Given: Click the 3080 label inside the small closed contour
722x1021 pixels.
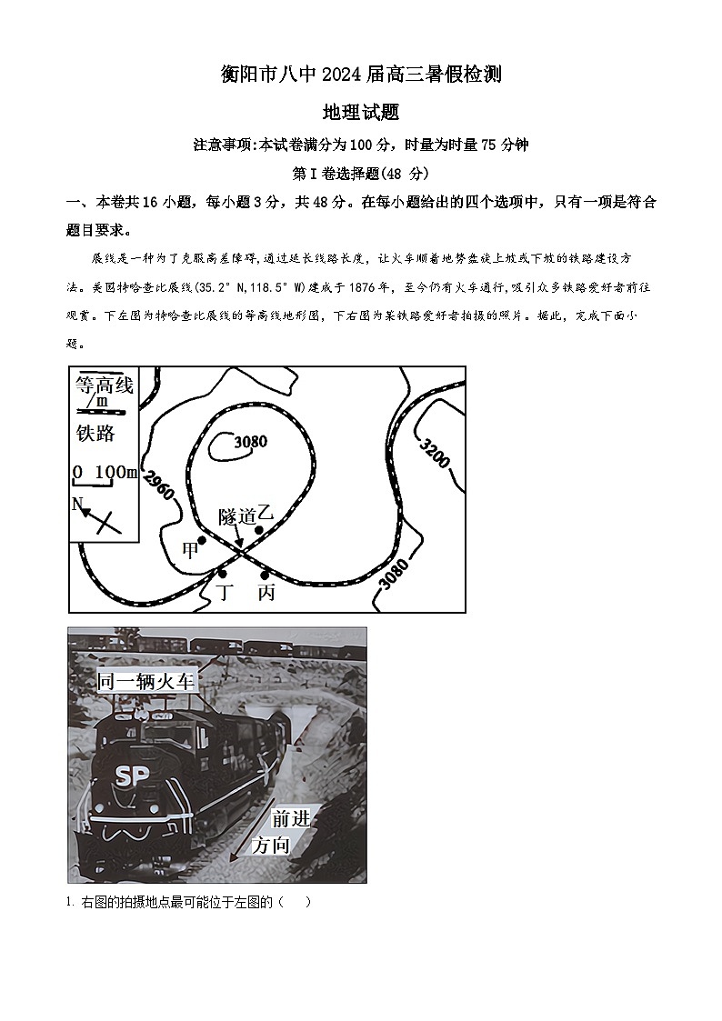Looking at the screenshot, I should pos(250,443).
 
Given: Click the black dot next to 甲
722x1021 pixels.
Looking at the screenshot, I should pos(202,540).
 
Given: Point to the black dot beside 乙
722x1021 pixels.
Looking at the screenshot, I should pos(259,529).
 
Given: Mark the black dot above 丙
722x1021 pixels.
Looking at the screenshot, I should pos(265,575).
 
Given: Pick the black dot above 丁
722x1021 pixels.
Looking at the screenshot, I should pos(222,574).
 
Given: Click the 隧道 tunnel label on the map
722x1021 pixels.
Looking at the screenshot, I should pos(236,516).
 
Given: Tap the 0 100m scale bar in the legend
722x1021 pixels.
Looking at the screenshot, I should pos(105,474).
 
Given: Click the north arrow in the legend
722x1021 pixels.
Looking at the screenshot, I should pos(95,516).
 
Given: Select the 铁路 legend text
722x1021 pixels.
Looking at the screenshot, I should pos(95,433).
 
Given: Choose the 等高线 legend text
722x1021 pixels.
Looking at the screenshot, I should pos(105,385).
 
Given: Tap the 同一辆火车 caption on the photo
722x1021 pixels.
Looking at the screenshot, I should pos(146,681).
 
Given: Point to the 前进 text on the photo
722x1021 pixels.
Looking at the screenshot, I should pos(291,817).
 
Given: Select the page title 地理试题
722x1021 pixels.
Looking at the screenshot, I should pos(361,113).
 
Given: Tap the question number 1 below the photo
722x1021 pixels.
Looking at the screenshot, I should pos(69,902).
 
